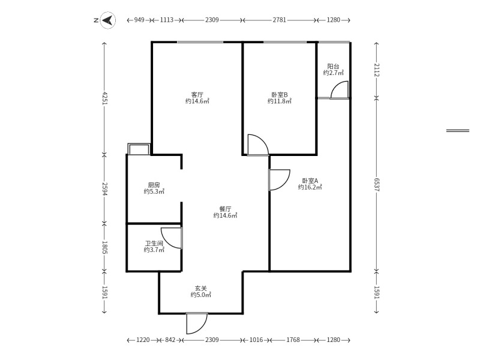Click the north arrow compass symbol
click(107, 20)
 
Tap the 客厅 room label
click(197, 95)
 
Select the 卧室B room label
click(280, 95)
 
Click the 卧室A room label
click(310, 181)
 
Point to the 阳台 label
click(333, 67)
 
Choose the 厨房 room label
click(154, 185)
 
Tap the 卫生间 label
click(154, 244)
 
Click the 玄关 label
click(200, 288)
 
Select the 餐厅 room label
click(225, 209)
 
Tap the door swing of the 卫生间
click(172, 238)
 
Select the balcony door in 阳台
click(338, 89)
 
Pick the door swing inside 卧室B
click(257, 145)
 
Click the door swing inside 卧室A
click(279, 180)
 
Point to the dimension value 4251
click(105, 98)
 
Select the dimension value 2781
click(279, 20)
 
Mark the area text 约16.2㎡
click(310, 187)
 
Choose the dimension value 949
click(139, 20)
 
